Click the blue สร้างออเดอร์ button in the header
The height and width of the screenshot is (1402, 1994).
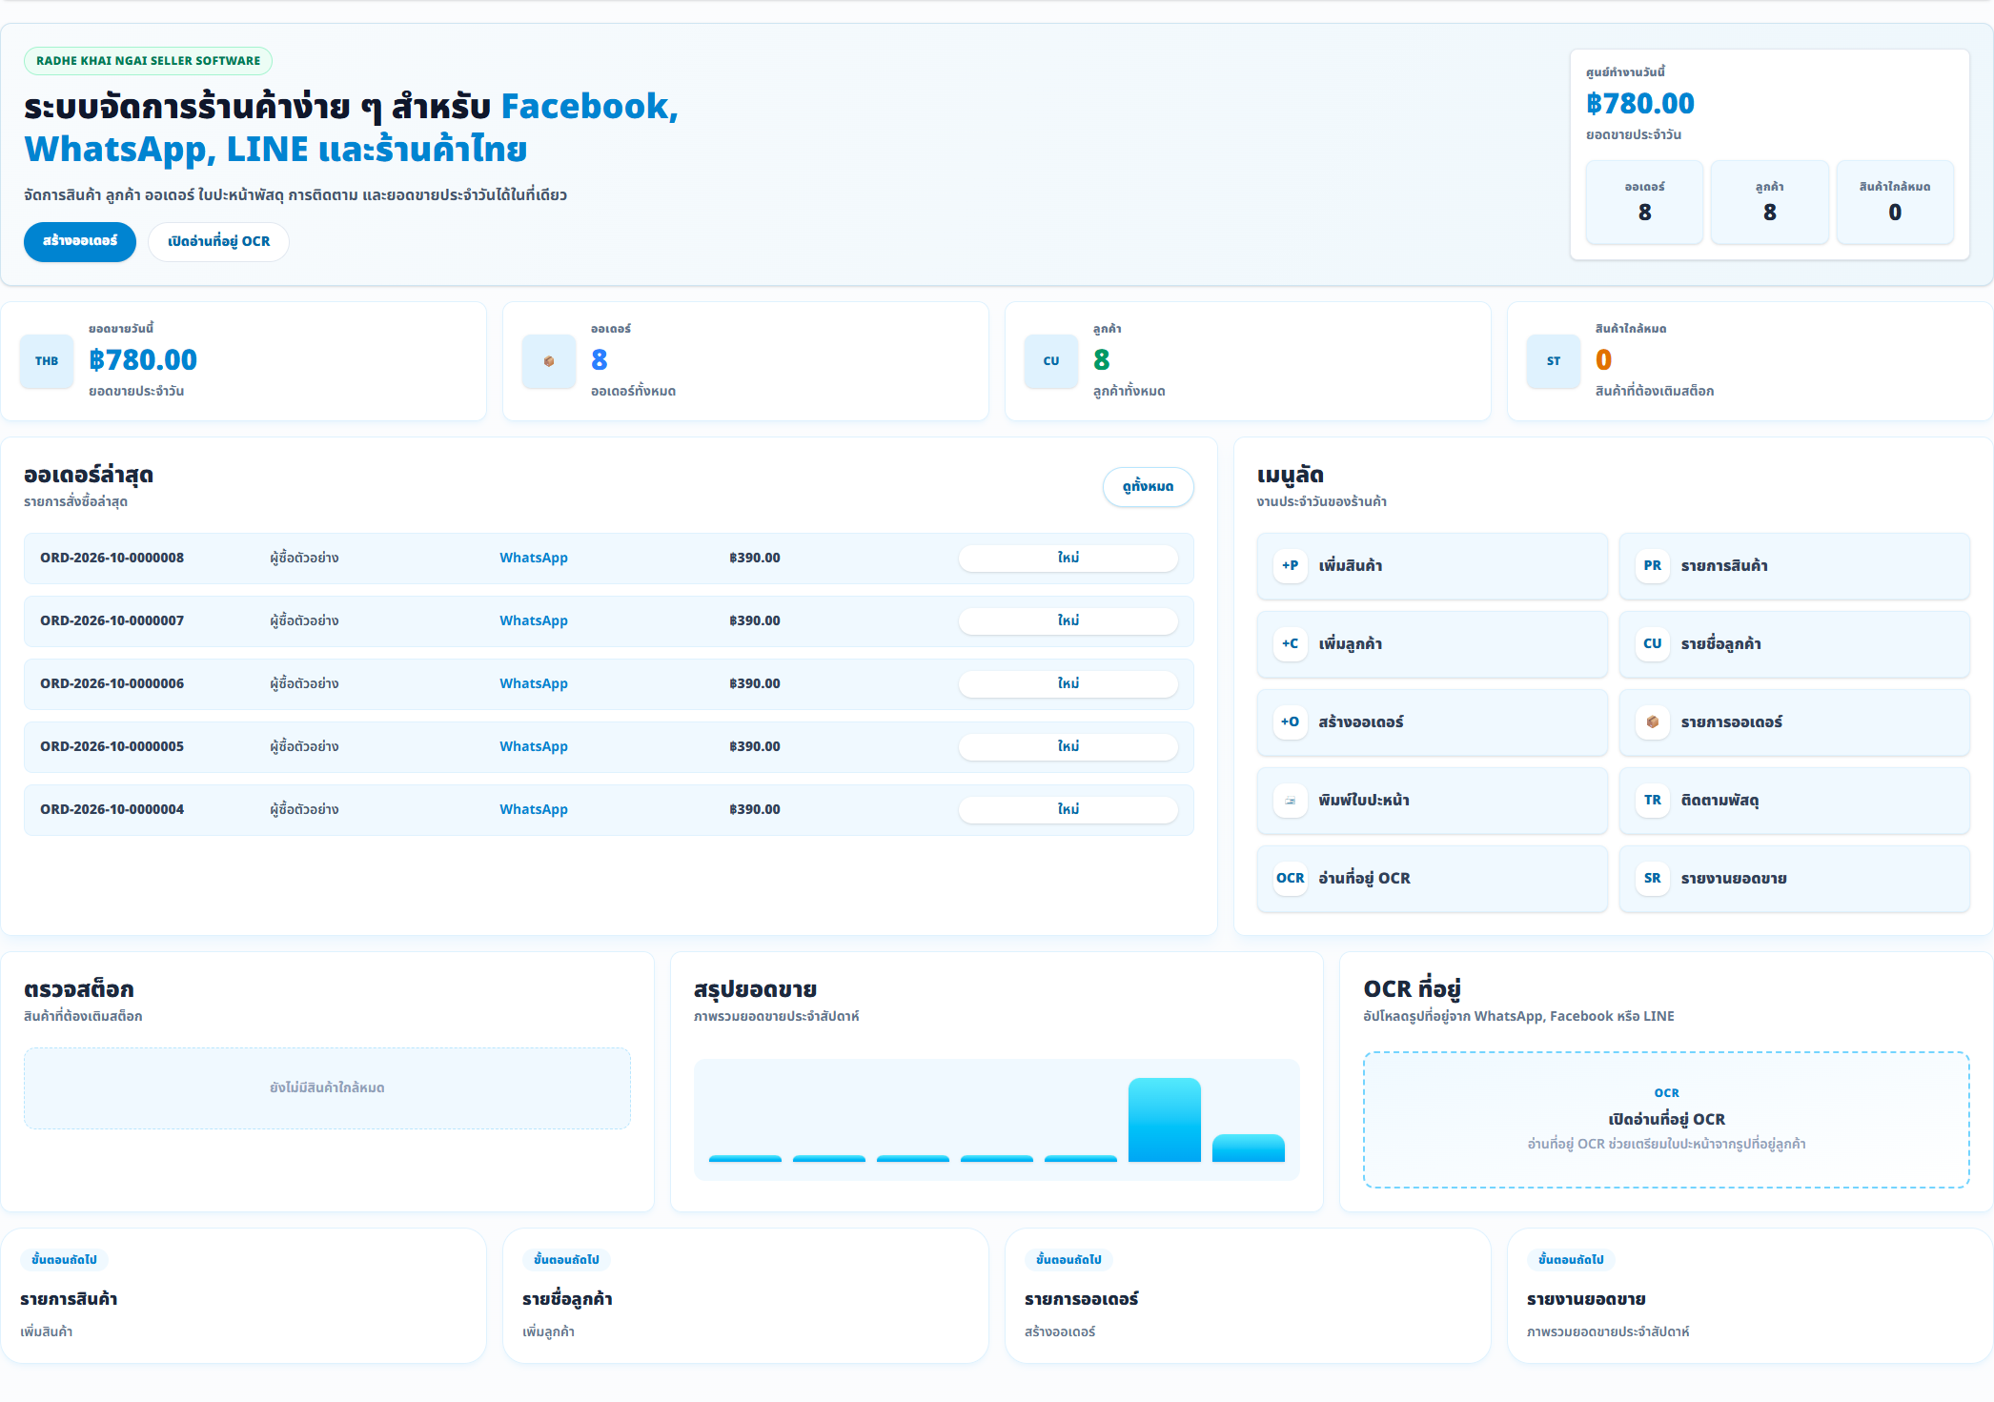(80, 241)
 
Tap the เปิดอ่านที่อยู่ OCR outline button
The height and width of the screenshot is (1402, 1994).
(218, 241)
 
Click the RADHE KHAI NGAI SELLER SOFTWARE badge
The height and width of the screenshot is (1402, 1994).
(148, 61)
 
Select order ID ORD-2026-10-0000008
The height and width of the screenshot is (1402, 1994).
(112, 558)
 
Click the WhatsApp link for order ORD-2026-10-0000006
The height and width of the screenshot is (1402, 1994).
(534, 683)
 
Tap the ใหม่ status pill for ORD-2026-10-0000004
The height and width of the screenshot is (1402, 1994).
(1068, 809)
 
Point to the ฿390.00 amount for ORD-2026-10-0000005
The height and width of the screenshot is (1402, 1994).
(755, 746)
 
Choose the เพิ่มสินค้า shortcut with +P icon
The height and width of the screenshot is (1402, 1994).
(1432, 566)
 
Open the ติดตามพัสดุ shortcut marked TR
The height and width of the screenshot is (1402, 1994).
(1794, 801)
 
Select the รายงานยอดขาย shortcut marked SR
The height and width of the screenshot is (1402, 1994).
(1794, 879)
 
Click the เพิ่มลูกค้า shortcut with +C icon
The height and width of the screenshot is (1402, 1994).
(1432, 644)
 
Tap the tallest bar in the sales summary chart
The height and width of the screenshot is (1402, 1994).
(1164, 1120)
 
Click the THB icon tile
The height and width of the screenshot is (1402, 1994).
(47, 361)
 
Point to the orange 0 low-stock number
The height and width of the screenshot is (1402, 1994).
(1603, 360)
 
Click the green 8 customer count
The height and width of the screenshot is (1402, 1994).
(1101, 360)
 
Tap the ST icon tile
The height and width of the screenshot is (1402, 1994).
(1554, 361)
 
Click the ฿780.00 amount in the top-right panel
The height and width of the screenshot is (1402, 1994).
(1639, 104)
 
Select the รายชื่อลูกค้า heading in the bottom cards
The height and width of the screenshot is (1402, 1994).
(567, 1299)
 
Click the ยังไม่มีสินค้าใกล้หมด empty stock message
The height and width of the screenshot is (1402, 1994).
(327, 1088)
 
